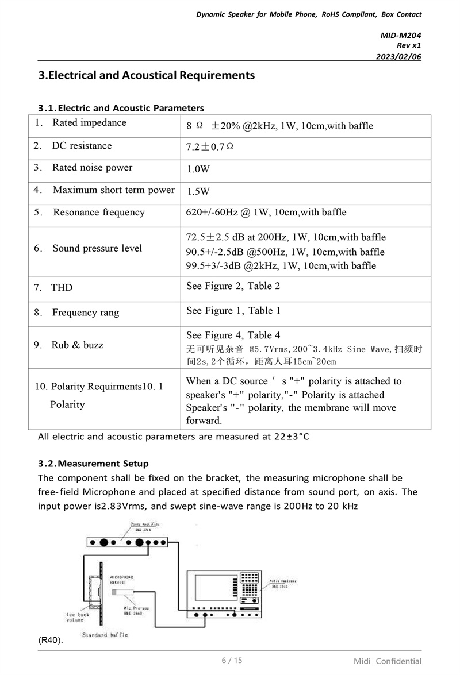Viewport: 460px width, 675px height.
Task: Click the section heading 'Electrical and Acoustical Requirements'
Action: (146, 75)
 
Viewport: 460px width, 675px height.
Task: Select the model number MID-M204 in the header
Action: (401, 35)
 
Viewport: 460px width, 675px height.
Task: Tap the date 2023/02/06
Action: (398, 56)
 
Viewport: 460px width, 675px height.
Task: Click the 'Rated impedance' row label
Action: (89, 122)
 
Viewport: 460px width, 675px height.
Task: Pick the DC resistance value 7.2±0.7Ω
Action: (209, 147)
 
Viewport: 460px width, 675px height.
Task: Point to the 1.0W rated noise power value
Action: (198, 169)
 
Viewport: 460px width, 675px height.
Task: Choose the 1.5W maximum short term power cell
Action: (198, 191)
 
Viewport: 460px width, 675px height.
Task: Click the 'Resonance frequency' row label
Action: (98, 213)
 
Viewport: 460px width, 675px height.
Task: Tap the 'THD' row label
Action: (62, 287)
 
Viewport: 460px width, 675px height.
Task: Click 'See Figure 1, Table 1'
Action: (233, 311)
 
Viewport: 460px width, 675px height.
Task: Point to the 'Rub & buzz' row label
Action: (77, 345)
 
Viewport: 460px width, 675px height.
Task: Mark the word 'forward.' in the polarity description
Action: (204, 421)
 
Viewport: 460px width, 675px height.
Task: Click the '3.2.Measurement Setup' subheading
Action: (93, 464)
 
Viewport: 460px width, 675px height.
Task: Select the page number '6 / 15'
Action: (232, 660)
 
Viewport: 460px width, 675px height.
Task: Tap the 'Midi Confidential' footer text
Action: (387, 661)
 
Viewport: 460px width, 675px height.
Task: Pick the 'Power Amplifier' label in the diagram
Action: (144, 524)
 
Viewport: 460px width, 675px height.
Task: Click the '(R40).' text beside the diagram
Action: (51, 640)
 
